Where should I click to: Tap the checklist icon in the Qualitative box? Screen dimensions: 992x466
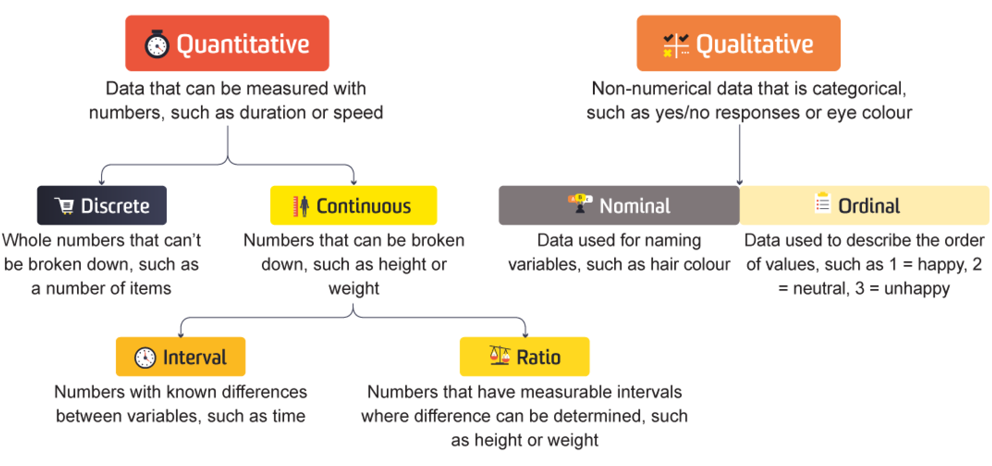pos(676,45)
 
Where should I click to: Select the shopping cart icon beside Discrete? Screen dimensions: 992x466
pos(64,206)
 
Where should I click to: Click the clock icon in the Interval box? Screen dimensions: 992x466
pos(145,357)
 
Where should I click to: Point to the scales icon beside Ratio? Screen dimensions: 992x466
pos(500,355)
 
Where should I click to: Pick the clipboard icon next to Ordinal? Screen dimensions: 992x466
pos(823,203)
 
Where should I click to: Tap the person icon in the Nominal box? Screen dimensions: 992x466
pos(580,204)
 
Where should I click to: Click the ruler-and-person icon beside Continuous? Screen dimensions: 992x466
pos(301,206)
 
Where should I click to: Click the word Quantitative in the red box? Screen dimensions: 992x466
pos(243,45)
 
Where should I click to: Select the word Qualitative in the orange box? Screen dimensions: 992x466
pos(755,45)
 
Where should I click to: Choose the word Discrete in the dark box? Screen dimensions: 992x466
pos(115,206)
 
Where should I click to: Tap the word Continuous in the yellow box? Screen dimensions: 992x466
pos(364,206)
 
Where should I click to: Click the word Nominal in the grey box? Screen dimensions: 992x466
pos(635,206)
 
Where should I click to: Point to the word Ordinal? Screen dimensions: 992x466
pos(869,206)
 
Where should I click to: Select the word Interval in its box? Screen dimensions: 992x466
pos(195,358)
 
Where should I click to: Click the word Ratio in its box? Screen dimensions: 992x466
pos(539,358)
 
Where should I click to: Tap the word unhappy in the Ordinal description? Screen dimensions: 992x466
pos(917,289)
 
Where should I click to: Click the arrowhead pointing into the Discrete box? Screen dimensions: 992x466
pos(102,182)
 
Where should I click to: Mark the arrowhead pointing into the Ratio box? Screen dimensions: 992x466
pos(525,334)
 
